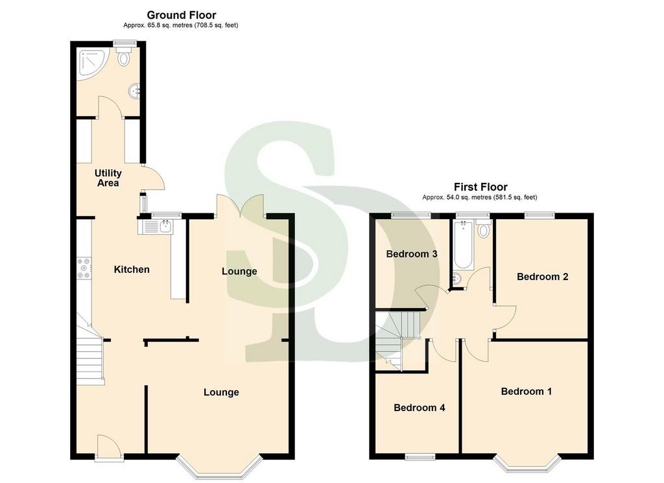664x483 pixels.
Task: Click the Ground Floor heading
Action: (182, 16)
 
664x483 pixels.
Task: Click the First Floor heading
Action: (480, 187)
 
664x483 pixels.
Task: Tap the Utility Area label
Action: (108, 178)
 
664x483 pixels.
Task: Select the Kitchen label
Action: (132, 269)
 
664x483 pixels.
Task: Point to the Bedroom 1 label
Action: (527, 391)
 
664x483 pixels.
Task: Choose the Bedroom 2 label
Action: (543, 277)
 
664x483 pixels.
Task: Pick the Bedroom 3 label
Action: (412, 254)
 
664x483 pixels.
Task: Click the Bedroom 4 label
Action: (420, 408)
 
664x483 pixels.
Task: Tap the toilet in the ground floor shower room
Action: (124, 56)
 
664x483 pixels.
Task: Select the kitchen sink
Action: (155, 227)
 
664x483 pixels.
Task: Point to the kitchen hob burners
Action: (84, 268)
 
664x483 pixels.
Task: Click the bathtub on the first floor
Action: (464, 244)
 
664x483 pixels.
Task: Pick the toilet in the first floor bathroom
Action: (482, 229)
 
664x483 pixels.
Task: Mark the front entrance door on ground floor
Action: (108, 447)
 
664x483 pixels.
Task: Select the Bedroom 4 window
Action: (420, 456)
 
